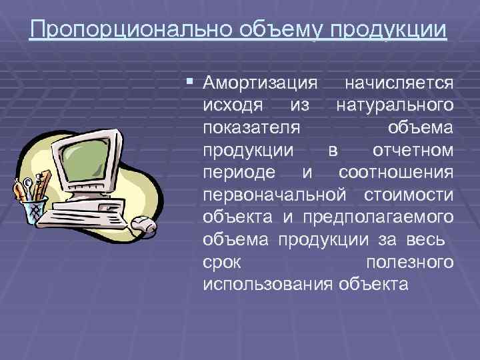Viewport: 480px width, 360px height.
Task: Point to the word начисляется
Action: (x=399, y=83)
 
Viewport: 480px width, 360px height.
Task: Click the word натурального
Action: (x=395, y=105)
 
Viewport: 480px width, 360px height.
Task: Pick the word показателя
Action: (x=251, y=127)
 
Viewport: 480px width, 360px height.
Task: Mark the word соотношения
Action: (x=396, y=172)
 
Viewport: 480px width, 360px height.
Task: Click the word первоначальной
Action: (x=275, y=194)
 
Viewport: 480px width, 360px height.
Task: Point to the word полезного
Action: (x=410, y=261)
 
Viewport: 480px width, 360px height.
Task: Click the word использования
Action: (x=267, y=284)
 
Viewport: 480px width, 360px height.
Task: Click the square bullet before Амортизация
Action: (x=190, y=81)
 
